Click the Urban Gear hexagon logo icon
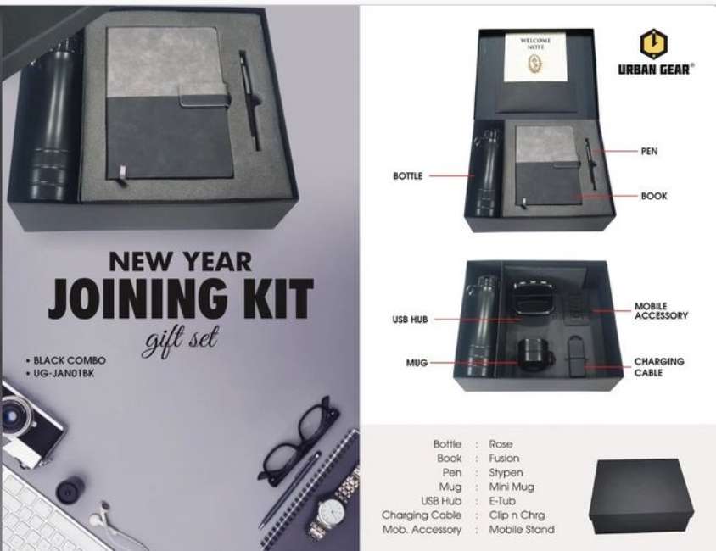pyautogui.click(x=653, y=44)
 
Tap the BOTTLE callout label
pyautogui.click(x=408, y=176)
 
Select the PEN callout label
pyautogui.click(x=649, y=151)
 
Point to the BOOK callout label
pyautogui.click(x=654, y=196)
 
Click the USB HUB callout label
pyautogui.click(x=410, y=320)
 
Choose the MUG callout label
pyautogui.click(x=417, y=363)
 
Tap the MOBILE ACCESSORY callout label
pyautogui.click(x=661, y=310)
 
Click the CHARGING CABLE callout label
pyautogui.click(x=659, y=367)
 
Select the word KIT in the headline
pyautogui.click(x=278, y=298)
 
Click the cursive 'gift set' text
pyautogui.click(x=181, y=340)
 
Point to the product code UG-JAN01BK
pyautogui.click(x=64, y=373)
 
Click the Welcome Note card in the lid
pyautogui.click(x=535, y=57)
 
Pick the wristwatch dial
pyautogui.click(x=332, y=513)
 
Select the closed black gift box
pyautogui.click(x=641, y=496)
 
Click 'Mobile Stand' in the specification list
pyautogui.click(x=522, y=530)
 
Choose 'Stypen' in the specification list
pyautogui.click(x=506, y=472)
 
